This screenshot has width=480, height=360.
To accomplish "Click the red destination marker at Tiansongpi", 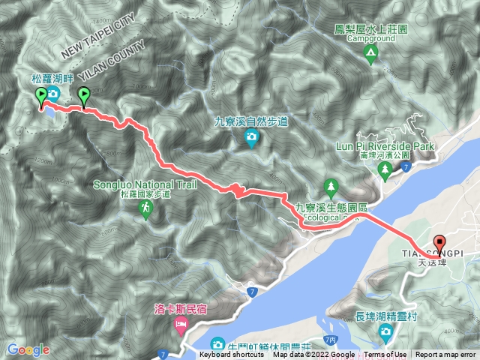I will pos(439,244).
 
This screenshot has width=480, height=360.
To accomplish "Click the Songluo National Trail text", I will pos(145,184).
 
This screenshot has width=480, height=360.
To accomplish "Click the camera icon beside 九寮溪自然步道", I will pos(251,137).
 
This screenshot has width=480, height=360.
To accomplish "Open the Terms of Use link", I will pos(386,355).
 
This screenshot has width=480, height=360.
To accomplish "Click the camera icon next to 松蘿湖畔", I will pos(53,93).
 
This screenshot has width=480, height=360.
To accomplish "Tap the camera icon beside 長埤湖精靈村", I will pos(385,331).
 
